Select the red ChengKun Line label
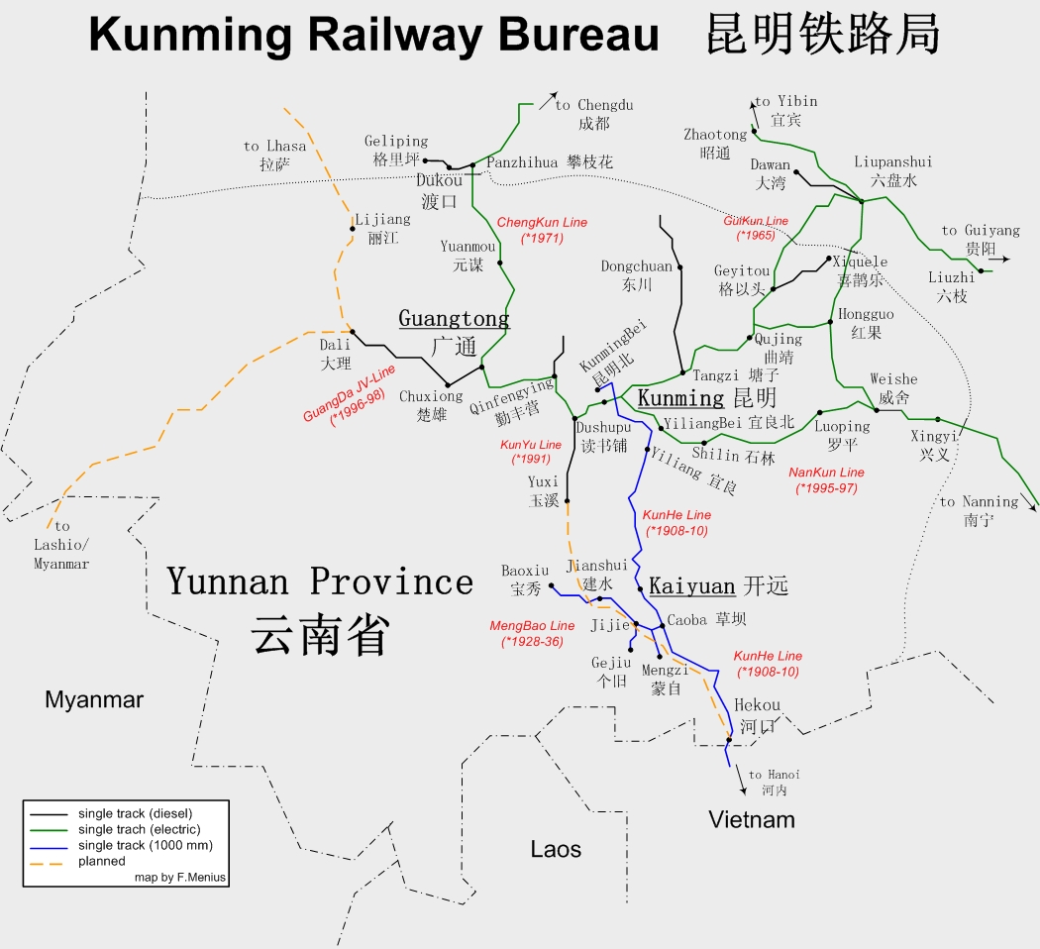point(542,231)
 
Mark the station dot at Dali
point(353,333)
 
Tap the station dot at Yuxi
point(568,502)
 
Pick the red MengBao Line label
point(532,633)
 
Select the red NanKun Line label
point(826,480)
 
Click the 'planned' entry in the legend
point(102,862)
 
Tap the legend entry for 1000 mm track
point(145,845)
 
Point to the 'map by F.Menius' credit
point(180,878)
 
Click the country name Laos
point(556,849)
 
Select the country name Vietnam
point(752,819)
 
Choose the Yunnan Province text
point(320,581)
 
